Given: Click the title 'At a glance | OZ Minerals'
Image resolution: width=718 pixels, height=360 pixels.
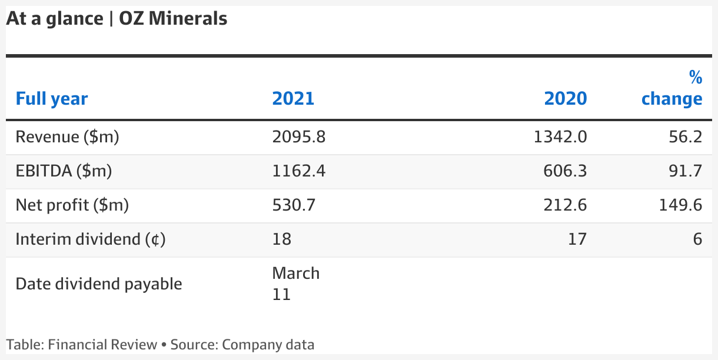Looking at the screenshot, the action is (117, 19).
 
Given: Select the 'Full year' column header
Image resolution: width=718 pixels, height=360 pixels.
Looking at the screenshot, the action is (52, 99).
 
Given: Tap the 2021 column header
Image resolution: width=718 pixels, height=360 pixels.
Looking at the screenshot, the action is (293, 98).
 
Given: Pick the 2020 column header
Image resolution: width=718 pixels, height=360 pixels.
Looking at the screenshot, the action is (566, 98).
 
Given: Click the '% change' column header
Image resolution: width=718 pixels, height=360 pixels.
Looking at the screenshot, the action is (672, 88).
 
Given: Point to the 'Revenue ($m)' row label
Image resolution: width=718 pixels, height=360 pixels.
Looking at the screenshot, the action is (67, 136).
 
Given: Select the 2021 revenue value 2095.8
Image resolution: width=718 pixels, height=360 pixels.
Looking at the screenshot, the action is (299, 136).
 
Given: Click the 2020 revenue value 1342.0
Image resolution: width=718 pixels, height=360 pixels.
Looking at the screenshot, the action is (560, 136).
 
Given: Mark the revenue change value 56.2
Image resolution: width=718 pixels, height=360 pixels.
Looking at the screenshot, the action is (685, 136).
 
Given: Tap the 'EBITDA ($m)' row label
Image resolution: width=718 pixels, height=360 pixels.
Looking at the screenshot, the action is (64, 171).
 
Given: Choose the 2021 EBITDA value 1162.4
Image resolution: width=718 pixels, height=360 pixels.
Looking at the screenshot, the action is (299, 171).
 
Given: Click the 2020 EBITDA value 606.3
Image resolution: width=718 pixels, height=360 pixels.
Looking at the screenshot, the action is (565, 171).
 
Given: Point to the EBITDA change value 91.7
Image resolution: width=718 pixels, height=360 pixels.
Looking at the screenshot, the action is (685, 171).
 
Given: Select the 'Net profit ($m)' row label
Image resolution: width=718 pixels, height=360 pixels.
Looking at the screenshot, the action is (72, 205).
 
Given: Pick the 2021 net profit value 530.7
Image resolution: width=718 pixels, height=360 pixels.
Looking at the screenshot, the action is (294, 205).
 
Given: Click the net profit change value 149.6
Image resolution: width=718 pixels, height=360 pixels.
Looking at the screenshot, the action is (680, 205).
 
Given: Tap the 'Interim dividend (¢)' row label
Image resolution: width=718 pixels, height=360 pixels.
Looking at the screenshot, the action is (91, 239).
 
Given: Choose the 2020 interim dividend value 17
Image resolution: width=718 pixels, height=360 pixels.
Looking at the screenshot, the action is (577, 239).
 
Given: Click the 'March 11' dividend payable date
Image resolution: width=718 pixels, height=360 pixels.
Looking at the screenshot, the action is (296, 284).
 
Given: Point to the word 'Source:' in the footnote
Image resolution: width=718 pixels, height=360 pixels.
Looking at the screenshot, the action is (194, 345).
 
